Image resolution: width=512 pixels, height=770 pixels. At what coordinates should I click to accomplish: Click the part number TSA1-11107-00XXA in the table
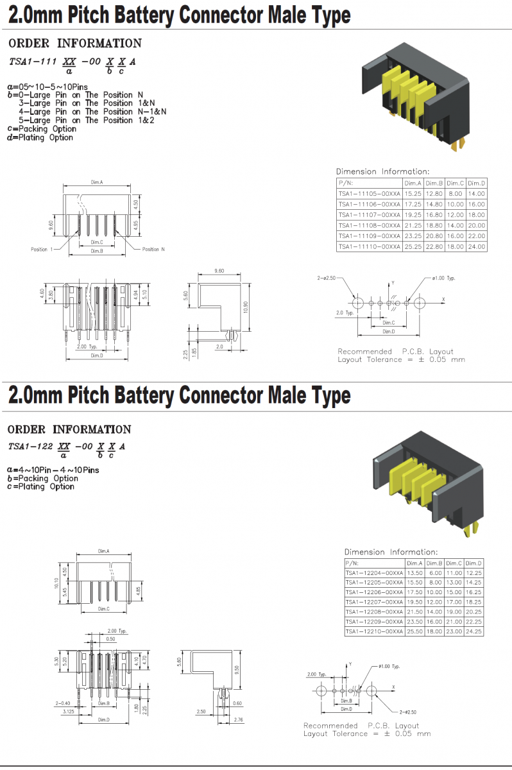coord(369,215)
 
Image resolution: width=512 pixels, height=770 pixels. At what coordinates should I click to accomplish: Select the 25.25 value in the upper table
coord(413,246)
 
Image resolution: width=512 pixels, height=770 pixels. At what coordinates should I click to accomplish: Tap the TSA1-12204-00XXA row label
coord(374,573)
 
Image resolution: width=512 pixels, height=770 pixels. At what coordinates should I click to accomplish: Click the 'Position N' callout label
coord(153,249)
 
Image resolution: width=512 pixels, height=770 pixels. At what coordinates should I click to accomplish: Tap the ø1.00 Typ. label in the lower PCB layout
coord(389,667)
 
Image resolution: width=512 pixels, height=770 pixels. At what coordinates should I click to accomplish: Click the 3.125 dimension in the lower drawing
coord(67,712)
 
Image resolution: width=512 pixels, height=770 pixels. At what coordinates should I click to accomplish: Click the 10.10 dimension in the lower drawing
coord(56,582)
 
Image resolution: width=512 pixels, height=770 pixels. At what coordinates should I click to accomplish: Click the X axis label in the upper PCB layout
coord(443,300)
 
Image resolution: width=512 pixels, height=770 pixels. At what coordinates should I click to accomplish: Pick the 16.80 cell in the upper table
coord(434,215)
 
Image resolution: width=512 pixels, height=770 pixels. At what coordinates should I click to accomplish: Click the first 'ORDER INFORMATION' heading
coord(75,44)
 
